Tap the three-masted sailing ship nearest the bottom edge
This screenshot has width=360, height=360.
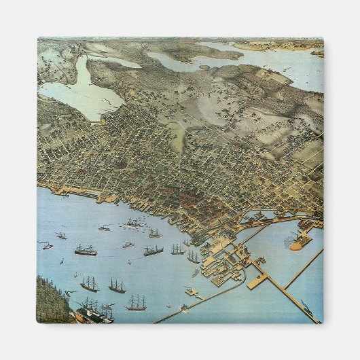[x=136, y=303]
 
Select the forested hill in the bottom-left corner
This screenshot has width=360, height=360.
[x=51, y=299]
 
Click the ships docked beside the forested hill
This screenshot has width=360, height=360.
[x=92, y=312]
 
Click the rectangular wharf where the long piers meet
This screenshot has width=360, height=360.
[x=257, y=281]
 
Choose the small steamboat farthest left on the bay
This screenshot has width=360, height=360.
[x=46, y=245]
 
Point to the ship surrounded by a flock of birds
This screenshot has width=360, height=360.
[x=133, y=223]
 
